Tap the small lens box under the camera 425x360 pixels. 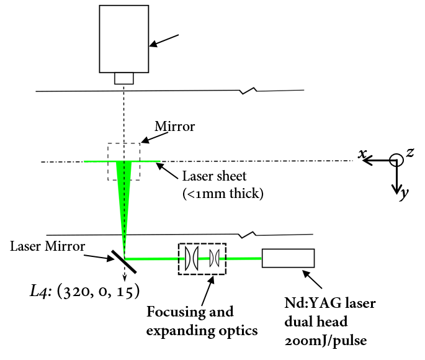click(124, 78)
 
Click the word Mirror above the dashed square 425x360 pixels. click(175, 127)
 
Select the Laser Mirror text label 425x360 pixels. click(47, 246)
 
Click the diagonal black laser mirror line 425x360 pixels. click(124, 261)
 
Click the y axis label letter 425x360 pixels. click(404, 193)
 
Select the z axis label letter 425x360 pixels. click(410, 152)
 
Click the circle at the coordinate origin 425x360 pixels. click(396, 155)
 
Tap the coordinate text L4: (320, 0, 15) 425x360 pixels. click(84, 291)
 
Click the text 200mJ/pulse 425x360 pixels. click(326, 341)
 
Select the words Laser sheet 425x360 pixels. click(214, 176)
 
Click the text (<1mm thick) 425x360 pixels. click(223, 194)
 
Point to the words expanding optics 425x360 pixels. click(202, 331)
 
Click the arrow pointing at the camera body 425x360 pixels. click(164, 41)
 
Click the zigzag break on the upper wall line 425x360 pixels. click(249, 91)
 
